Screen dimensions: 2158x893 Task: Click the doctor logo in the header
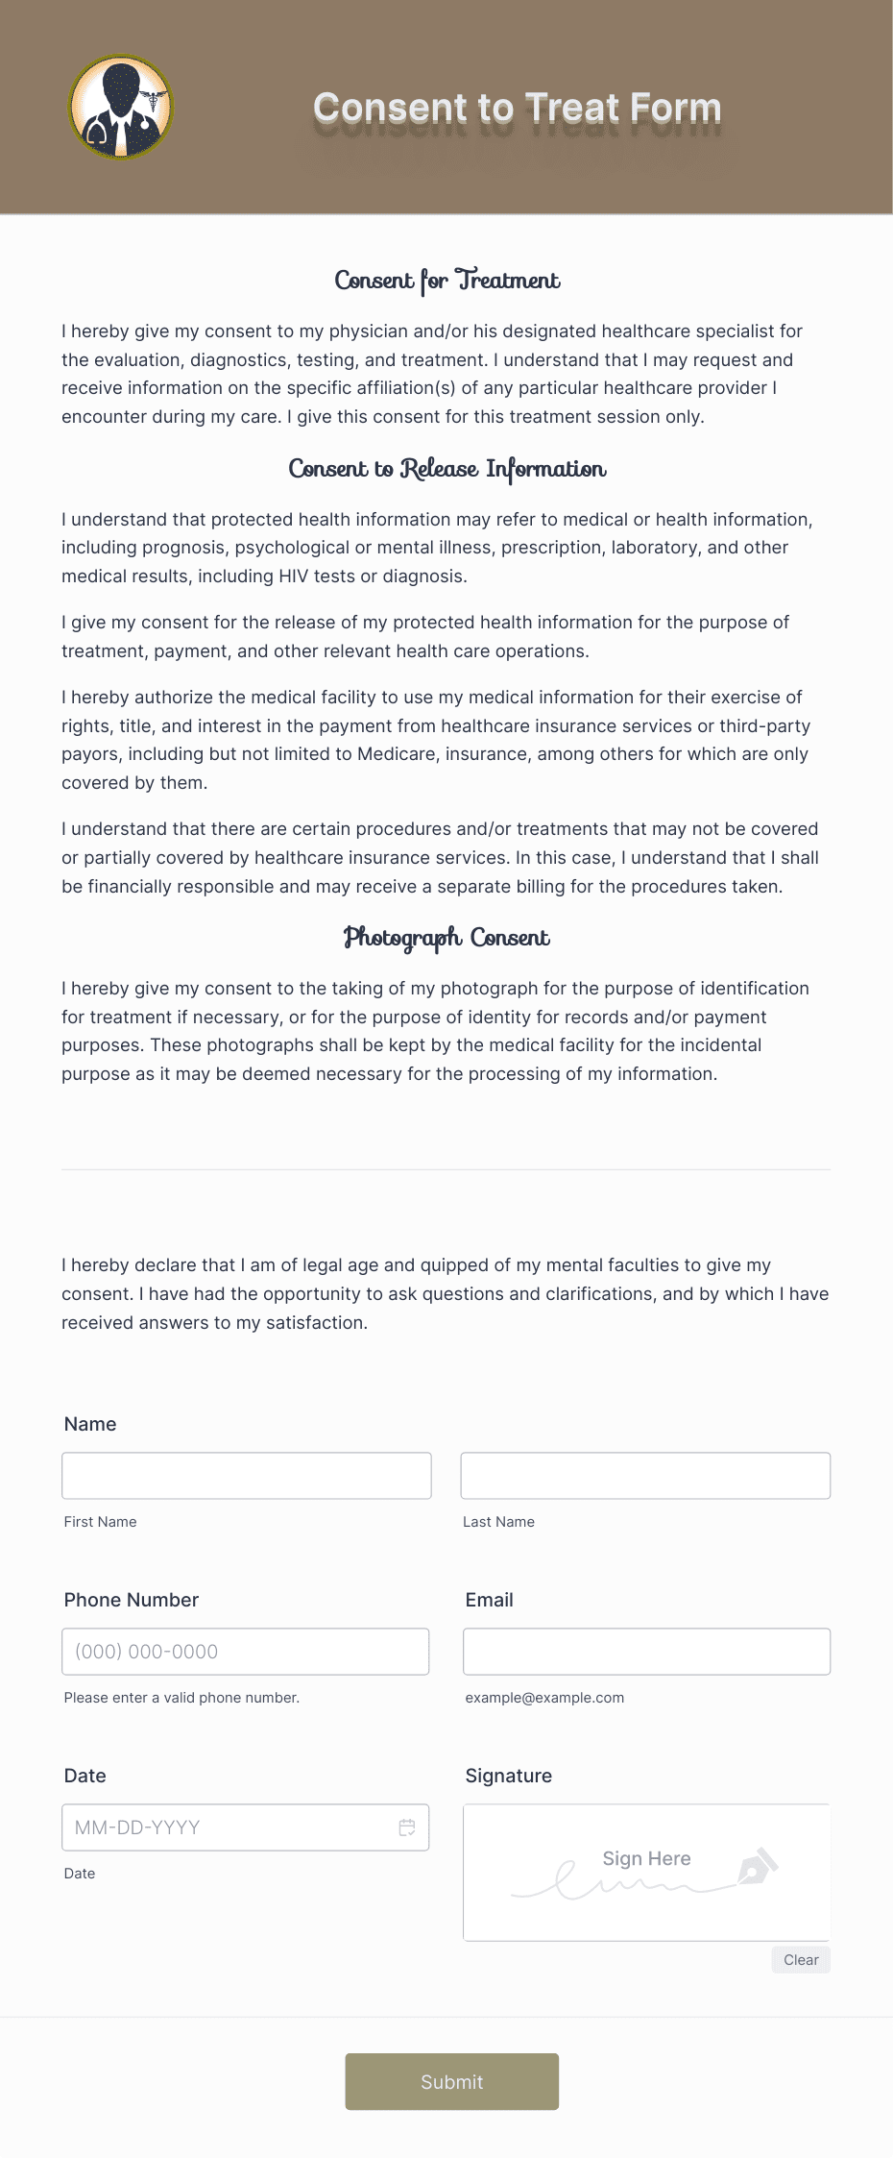(x=121, y=108)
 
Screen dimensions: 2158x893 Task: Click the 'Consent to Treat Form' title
(x=517, y=109)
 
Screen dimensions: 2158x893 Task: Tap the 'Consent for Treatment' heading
(x=446, y=281)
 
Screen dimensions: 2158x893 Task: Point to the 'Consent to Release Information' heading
(x=446, y=469)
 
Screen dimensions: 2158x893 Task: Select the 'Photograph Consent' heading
(x=446, y=938)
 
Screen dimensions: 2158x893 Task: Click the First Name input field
(x=247, y=1475)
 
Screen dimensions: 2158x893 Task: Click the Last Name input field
(x=645, y=1475)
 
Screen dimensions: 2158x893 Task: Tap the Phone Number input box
(x=246, y=1651)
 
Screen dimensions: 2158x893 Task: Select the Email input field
(x=646, y=1651)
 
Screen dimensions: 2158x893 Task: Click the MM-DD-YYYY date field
(x=230, y=1827)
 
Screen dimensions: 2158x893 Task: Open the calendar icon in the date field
(x=407, y=1827)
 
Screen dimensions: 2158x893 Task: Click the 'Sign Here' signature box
(x=646, y=1872)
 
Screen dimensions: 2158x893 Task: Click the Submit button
(x=451, y=2081)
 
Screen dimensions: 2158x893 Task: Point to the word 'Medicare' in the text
(x=395, y=754)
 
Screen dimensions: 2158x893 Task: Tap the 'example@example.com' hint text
(x=544, y=1698)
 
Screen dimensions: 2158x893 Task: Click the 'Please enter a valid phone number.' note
(x=181, y=1698)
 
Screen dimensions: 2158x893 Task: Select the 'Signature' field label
(x=508, y=1776)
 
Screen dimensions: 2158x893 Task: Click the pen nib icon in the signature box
(x=757, y=1866)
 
